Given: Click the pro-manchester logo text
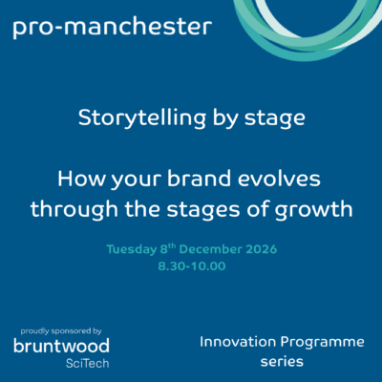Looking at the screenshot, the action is pos(113,28).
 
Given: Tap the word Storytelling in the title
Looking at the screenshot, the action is pos(142,118).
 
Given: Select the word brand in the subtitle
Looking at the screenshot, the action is pos(199,179).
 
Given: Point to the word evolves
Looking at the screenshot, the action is pos(279,179).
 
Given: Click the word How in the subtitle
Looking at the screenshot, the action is pos(81,179).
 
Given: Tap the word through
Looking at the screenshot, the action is pos(74,210).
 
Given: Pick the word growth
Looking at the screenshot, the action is pos(313,210).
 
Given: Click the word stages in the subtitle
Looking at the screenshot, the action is pos(203,211).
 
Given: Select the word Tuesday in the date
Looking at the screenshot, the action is pos(132,249).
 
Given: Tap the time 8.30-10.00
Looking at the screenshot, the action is pos(192,266).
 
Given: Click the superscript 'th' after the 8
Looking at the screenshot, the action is pos(172,246).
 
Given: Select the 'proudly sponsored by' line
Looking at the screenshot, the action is pos(61,331).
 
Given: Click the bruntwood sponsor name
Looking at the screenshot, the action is pos(61,346).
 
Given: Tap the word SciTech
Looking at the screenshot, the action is pos(88,363).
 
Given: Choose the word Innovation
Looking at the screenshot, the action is pos(238,342).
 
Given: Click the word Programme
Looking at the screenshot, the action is pos(323,343).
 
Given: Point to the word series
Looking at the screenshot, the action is pos(282,362).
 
